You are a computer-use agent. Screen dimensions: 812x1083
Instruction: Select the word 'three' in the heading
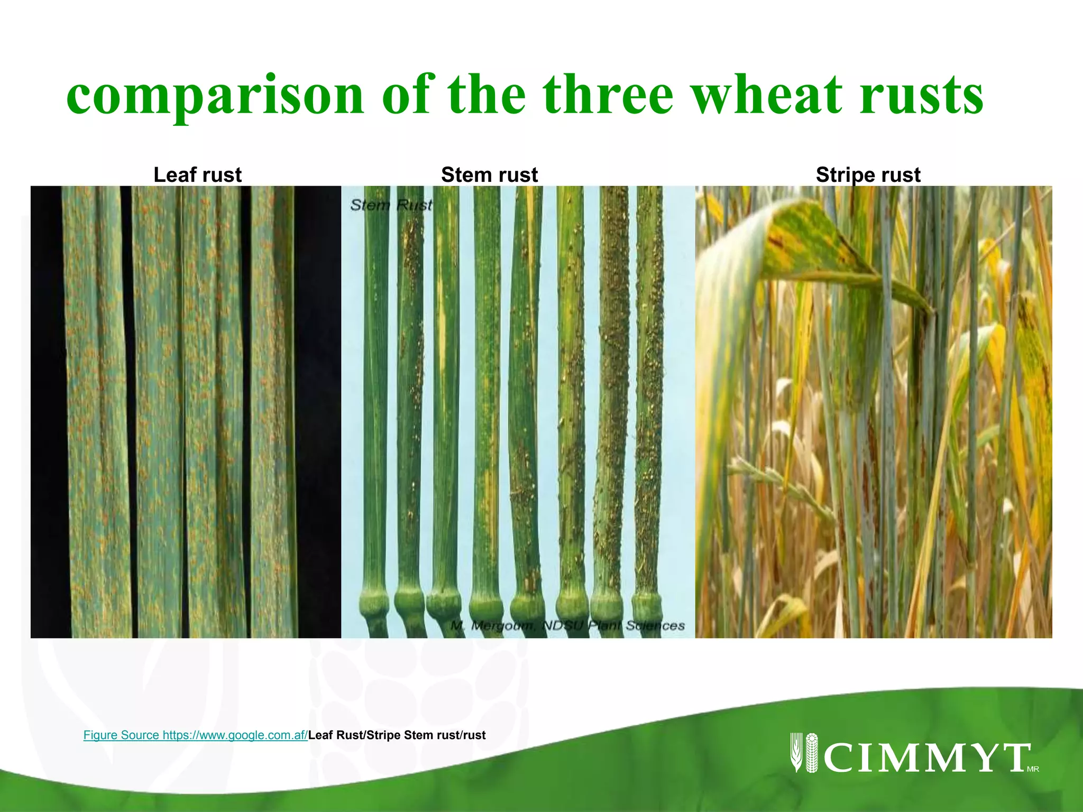click(608, 96)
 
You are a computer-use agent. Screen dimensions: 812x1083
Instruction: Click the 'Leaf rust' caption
click(197, 175)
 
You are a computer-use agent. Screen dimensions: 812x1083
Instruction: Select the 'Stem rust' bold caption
click(489, 175)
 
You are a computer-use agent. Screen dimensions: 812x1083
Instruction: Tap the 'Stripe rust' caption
click(868, 175)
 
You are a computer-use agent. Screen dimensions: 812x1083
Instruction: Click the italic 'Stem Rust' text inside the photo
click(391, 205)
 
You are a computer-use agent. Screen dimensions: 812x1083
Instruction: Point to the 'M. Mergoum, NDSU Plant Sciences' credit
click(567, 626)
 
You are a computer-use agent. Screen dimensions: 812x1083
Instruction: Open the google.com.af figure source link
click(196, 735)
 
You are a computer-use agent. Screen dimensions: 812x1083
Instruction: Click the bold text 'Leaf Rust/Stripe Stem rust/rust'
click(397, 735)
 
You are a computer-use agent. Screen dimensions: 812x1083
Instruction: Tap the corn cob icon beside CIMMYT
click(811, 753)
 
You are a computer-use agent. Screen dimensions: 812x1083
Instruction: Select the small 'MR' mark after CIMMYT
click(1033, 769)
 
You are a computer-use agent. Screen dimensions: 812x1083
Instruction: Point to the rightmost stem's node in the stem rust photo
click(647, 603)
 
